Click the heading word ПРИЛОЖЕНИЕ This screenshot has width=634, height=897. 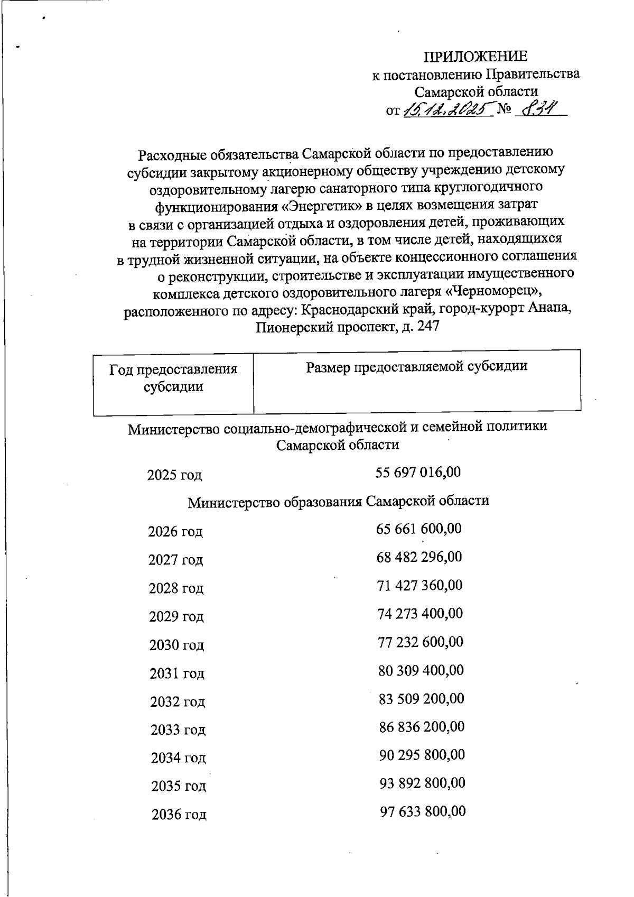[x=476, y=57]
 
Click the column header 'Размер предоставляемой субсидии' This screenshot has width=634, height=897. [x=417, y=366]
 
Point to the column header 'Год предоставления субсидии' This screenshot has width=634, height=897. [x=173, y=378]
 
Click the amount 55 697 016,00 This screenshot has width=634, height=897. [x=418, y=471]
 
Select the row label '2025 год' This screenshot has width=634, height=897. [x=174, y=475]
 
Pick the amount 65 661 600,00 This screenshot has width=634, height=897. [x=419, y=528]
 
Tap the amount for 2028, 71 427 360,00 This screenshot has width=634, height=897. [x=419, y=585]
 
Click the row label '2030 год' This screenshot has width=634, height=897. [x=176, y=645]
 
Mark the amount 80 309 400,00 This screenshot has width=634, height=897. [x=421, y=670]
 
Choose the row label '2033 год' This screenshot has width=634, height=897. [x=178, y=730]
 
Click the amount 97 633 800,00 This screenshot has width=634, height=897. [x=423, y=811]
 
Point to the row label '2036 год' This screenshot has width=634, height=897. [x=179, y=815]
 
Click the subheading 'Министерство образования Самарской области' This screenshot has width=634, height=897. [x=339, y=501]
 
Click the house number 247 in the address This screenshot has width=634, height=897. [x=428, y=327]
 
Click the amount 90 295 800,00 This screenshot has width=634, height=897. [x=422, y=754]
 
